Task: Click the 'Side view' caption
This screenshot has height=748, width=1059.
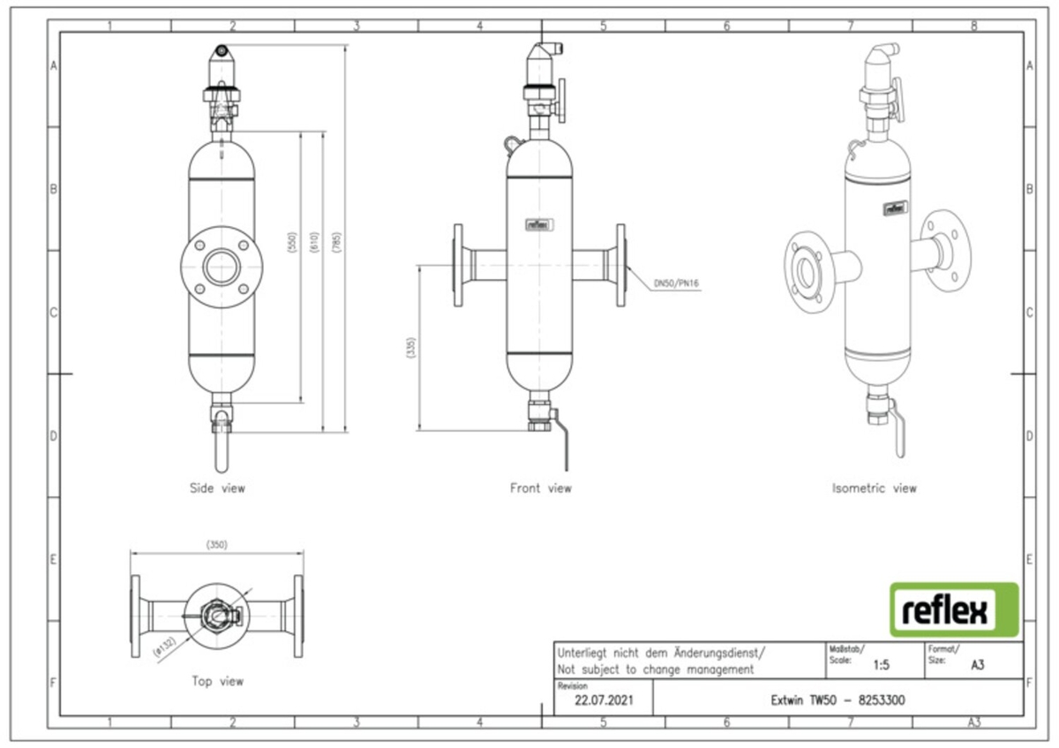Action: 217,487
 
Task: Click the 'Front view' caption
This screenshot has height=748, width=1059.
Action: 540,487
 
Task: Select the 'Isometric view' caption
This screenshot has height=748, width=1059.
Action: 874,487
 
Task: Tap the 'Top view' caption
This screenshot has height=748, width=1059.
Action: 217,681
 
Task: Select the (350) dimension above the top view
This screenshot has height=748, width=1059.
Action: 217,545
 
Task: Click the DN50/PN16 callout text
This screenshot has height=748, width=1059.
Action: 676,283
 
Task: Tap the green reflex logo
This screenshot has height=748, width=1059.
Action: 953,609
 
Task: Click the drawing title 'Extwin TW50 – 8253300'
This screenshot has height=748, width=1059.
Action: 837,701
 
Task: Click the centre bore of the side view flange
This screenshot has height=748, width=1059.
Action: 217,265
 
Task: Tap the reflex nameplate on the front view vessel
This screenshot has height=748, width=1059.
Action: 539,223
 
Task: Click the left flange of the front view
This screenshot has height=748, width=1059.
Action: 457,265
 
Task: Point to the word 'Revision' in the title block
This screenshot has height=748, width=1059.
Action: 573,685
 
